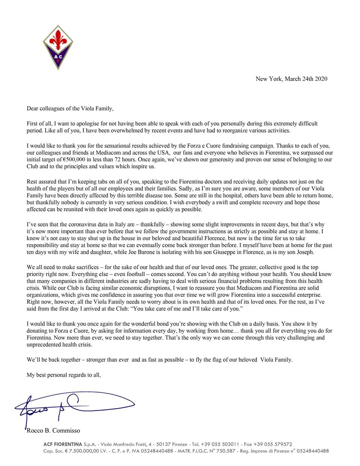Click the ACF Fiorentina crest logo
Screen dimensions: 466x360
(x=57, y=47)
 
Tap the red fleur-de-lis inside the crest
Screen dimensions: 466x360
(x=57, y=41)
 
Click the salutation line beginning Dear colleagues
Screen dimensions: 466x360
(x=70, y=109)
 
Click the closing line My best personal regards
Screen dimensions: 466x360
(x=64, y=375)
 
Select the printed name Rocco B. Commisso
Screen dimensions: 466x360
(x=53, y=430)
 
